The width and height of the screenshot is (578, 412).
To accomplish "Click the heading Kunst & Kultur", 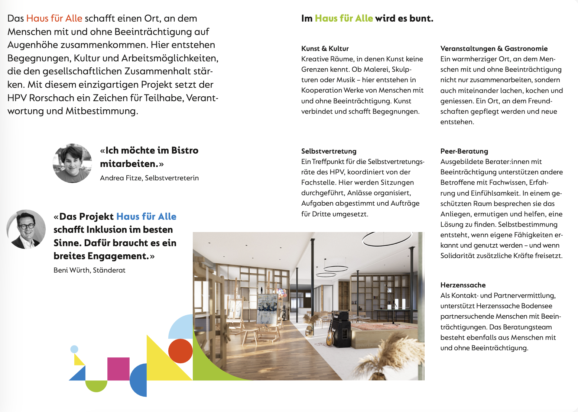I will (325, 48).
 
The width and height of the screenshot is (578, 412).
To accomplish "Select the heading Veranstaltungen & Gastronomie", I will (494, 48).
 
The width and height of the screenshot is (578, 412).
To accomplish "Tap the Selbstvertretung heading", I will (328, 151).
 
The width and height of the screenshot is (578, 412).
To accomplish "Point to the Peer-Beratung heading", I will (464, 151).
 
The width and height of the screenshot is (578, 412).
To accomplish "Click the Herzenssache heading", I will (463, 285).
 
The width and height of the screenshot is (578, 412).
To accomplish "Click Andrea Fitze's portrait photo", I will (72, 163).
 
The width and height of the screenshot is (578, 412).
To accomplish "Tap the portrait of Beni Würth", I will (26, 229).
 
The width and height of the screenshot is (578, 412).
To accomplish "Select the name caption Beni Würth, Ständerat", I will (89, 270).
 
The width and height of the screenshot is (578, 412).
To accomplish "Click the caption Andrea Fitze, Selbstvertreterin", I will (149, 178).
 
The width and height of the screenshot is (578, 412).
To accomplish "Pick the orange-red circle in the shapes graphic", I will (180, 351).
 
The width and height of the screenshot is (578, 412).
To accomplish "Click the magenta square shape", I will (118, 368).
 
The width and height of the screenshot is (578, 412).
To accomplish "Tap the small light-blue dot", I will (74, 349).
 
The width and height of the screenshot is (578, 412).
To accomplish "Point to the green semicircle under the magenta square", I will (96, 385).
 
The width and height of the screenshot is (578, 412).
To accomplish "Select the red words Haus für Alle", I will (54, 18).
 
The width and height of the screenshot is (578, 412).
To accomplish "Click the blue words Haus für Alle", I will (146, 216).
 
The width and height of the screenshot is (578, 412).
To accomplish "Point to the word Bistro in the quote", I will (185, 150).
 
